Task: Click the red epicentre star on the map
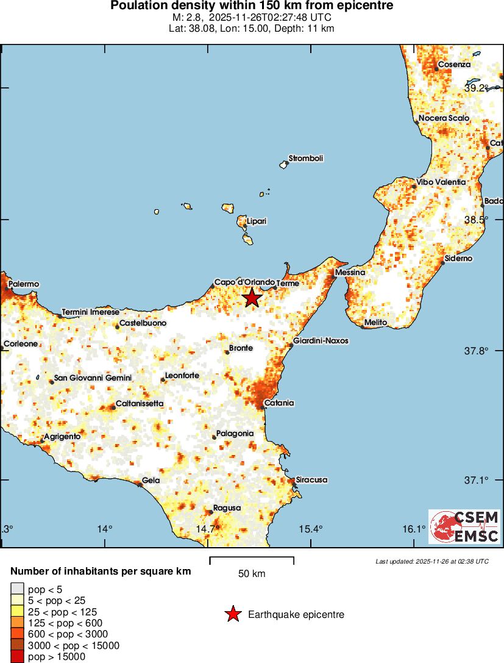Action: (252, 298)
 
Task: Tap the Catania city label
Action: (280, 403)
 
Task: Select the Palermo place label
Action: (24, 284)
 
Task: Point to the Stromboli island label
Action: (306, 159)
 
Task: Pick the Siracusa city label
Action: (311, 480)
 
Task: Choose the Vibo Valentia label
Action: (441, 182)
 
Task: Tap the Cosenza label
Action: (454, 65)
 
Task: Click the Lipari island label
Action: (257, 221)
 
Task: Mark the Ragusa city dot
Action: (211, 512)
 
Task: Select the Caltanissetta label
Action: (140, 404)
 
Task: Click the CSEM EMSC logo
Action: (464, 527)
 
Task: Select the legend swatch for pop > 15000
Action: (17, 656)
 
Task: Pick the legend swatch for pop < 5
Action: (17, 589)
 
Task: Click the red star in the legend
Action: (233, 615)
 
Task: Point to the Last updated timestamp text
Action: (432, 561)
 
